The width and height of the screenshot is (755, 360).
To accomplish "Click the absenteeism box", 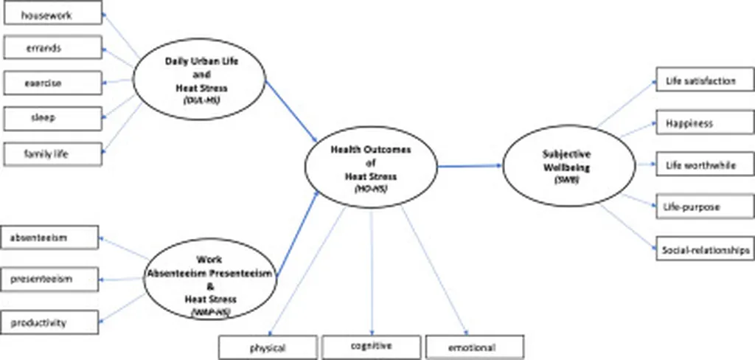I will [49, 238].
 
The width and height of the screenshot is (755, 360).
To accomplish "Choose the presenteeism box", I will [49, 279].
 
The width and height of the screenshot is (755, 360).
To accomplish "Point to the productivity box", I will [49, 322].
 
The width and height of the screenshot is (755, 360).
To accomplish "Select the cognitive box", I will [370, 345].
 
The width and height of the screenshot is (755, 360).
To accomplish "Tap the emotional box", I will [474, 346].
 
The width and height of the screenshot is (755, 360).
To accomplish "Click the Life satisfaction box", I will [704, 80].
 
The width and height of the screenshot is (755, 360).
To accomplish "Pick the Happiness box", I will [704, 123].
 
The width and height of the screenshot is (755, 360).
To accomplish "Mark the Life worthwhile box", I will [704, 165].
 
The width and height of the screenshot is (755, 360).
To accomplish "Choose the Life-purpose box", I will [704, 207].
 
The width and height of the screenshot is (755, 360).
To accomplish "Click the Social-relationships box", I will [704, 249].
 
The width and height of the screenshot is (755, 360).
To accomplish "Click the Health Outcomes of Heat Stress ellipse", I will [371, 167].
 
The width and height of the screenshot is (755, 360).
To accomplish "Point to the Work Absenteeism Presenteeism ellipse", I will [210, 281].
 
